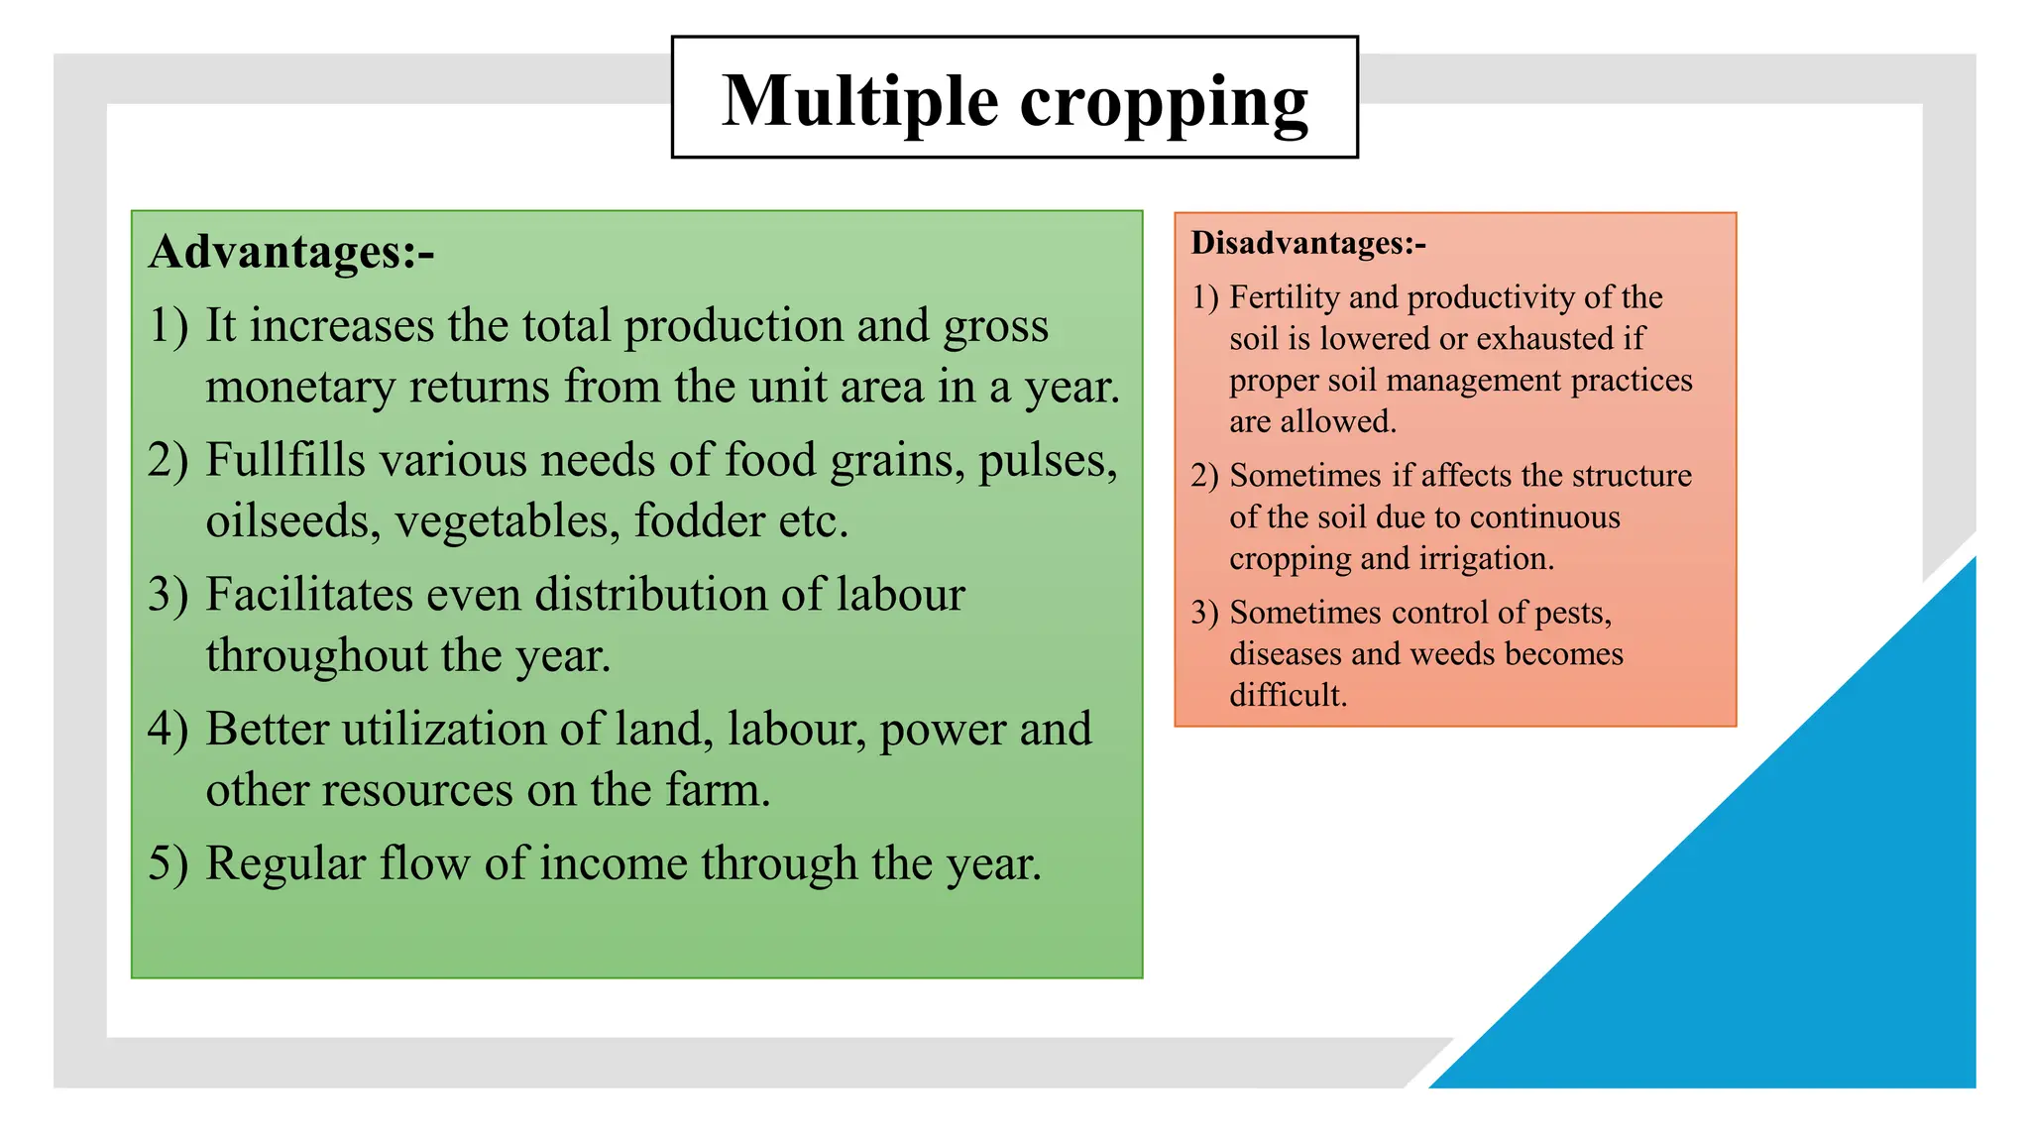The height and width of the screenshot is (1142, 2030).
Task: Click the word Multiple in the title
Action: [859, 102]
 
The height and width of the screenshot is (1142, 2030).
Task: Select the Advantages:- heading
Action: [291, 252]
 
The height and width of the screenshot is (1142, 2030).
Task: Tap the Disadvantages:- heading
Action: [1307, 243]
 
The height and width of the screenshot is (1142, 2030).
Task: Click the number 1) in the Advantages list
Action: [169, 326]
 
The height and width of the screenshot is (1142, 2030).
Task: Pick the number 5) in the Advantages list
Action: [168, 863]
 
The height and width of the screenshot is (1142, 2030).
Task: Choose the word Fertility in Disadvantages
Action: [1285, 297]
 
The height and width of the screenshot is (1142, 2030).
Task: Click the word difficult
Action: [1288, 696]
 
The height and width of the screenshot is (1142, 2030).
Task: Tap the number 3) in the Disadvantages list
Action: [1204, 613]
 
